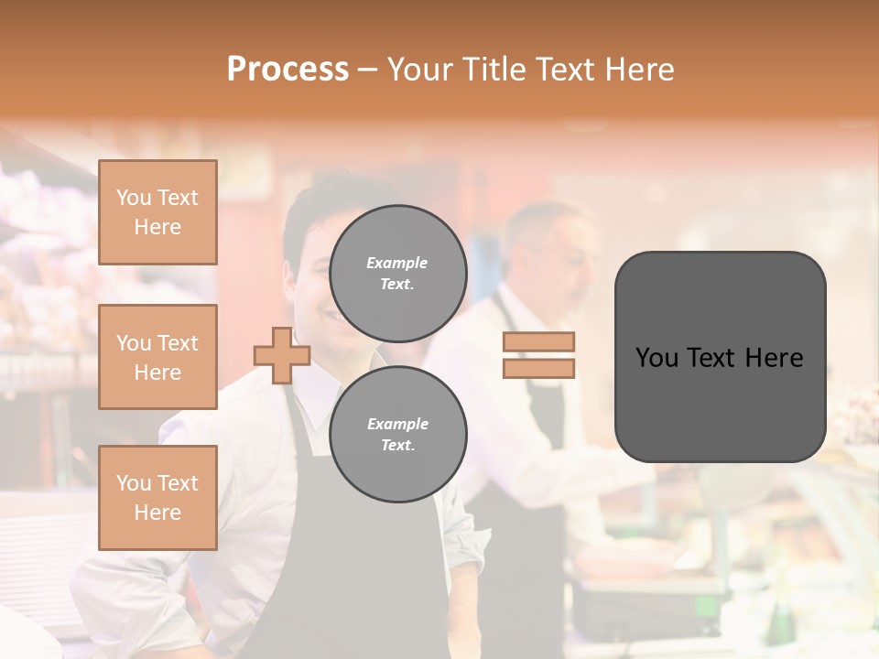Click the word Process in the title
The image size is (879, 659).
(x=288, y=70)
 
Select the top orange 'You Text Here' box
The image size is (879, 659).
(x=157, y=212)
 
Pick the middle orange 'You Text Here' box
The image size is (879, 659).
(x=157, y=357)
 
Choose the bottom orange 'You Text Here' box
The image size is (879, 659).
(x=157, y=497)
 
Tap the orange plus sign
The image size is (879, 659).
(x=282, y=355)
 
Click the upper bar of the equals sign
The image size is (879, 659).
(x=538, y=341)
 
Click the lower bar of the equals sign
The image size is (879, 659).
(x=538, y=368)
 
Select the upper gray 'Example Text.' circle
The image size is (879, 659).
(x=397, y=273)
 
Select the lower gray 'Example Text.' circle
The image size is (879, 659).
(x=397, y=434)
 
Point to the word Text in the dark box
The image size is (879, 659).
(x=718, y=358)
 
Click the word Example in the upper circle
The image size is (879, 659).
(x=396, y=263)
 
